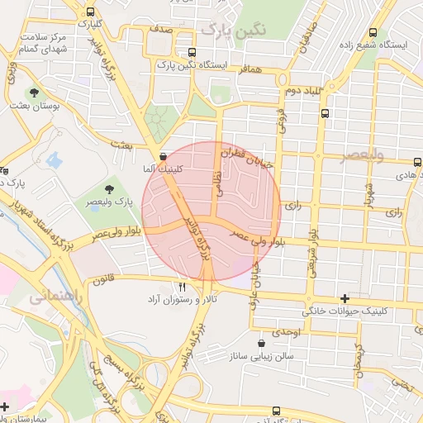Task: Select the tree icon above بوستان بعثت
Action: pyautogui.click(x=35, y=93)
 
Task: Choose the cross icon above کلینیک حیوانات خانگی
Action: pyautogui.click(x=345, y=298)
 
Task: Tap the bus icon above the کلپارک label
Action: pyautogui.click(x=89, y=12)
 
